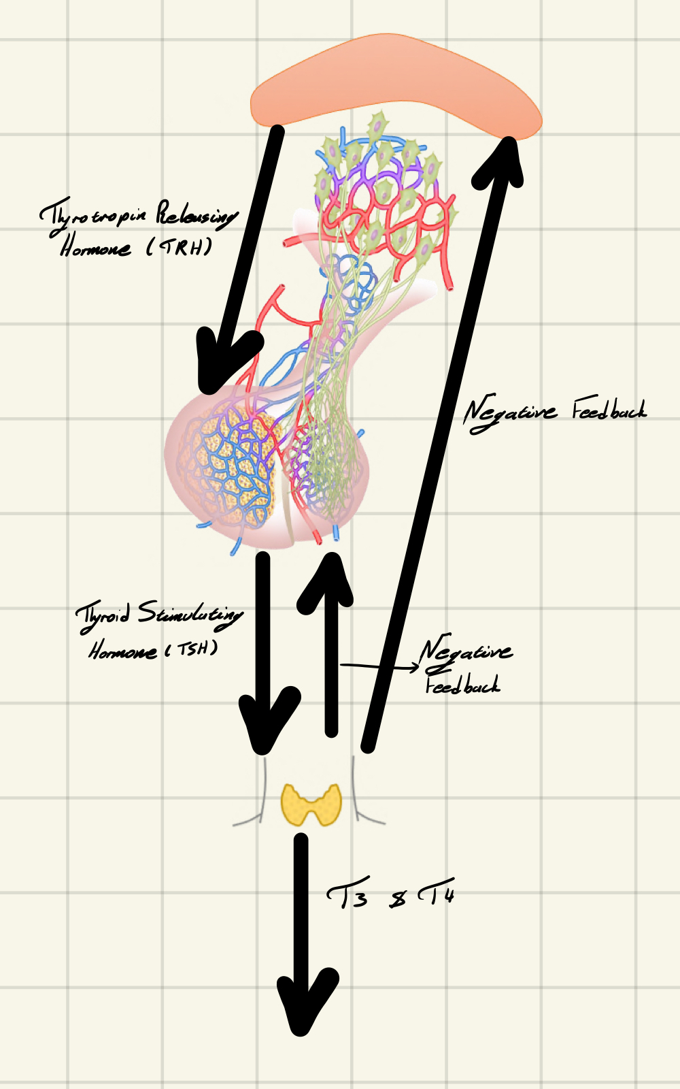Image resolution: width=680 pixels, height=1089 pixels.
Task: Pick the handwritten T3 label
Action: (348, 896)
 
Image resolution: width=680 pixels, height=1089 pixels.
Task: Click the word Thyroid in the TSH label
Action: (102, 616)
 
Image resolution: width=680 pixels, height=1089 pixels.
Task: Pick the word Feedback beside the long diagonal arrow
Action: (609, 410)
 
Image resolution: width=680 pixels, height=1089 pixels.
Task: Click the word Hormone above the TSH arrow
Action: (122, 651)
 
